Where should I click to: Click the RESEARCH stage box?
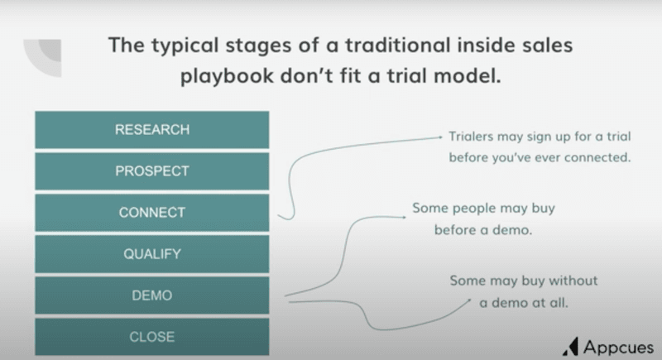[151, 130]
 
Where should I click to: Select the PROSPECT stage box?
[151, 171]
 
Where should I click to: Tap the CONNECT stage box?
[151, 213]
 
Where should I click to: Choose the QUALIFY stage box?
[151, 254]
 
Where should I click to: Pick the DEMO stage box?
[151, 295]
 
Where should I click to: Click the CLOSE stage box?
[151, 337]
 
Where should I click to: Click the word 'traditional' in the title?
[371, 44]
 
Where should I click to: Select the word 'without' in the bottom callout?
[573, 281]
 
